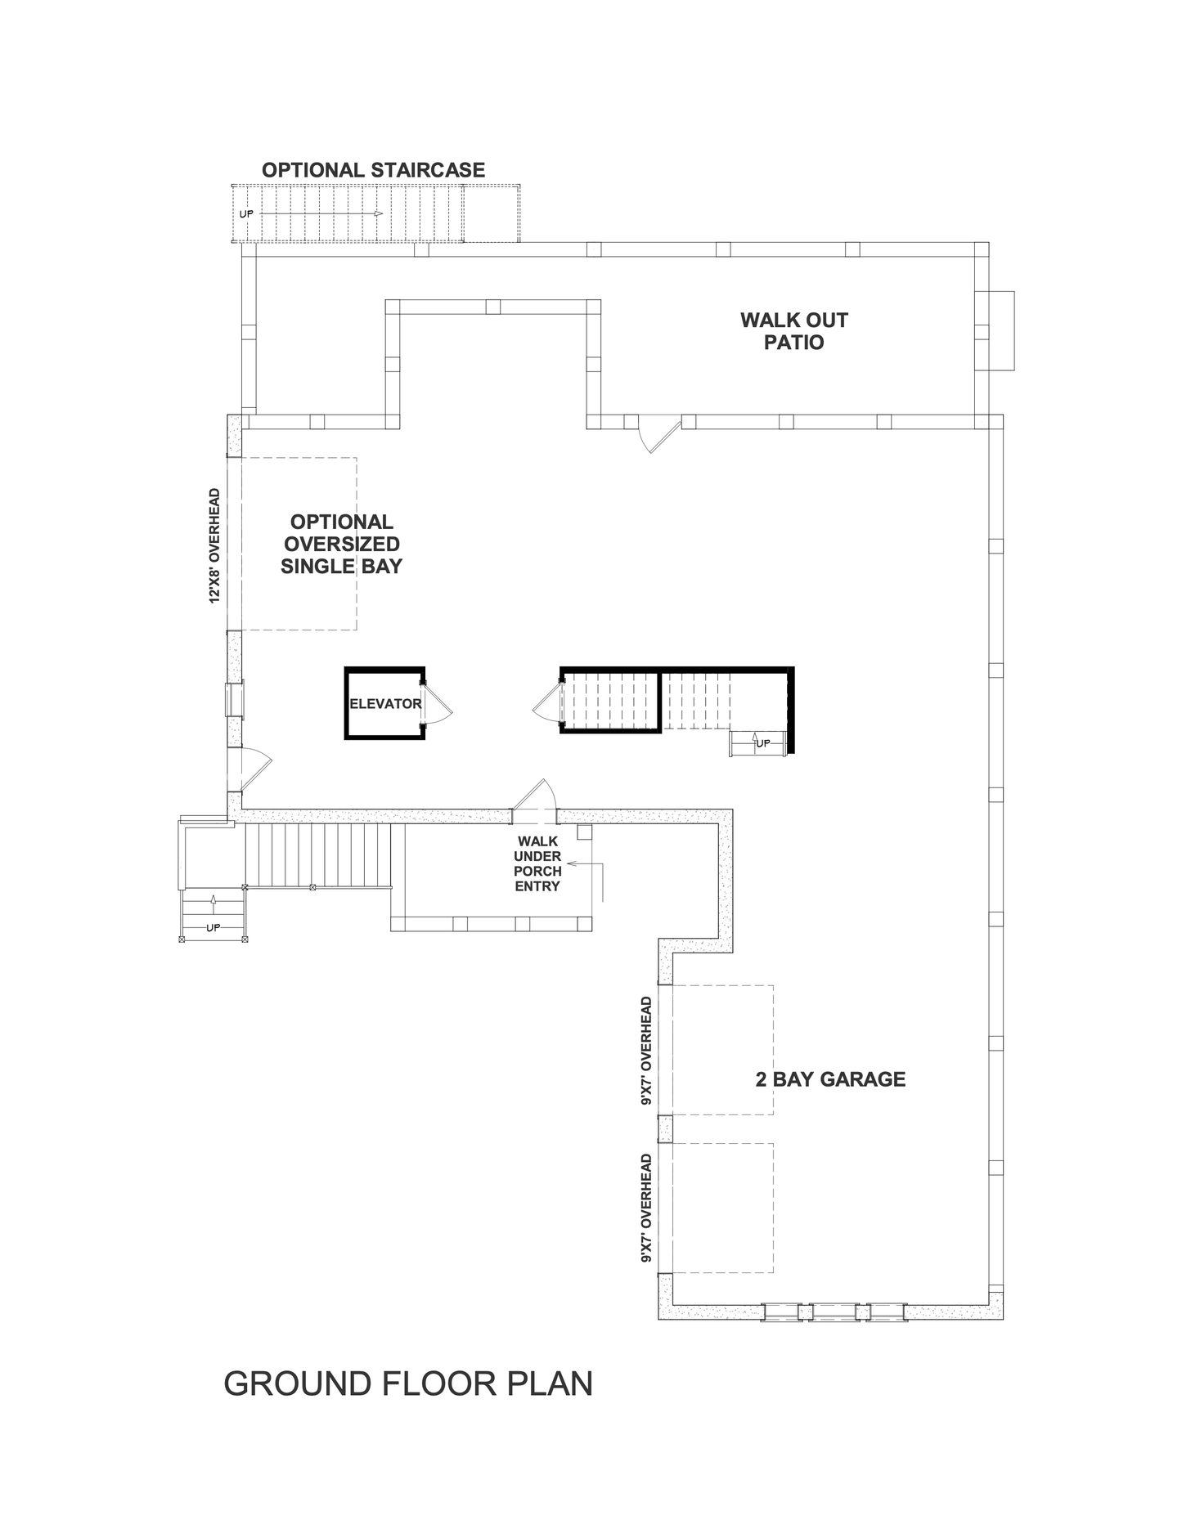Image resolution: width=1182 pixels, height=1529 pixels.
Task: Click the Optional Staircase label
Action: point(373,170)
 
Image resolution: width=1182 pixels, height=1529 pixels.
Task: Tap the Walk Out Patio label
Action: point(794,331)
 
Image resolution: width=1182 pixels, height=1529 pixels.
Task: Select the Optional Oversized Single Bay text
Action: point(341,544)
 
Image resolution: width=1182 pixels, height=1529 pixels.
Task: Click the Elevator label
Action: point(385,703)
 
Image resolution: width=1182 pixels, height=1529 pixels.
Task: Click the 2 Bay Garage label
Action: point(830,1079)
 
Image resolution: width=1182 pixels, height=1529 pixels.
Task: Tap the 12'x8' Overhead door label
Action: point(215,546)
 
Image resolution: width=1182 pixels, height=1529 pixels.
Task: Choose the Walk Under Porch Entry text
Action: point(537,863)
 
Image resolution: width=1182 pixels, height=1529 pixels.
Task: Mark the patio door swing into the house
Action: point(659,437)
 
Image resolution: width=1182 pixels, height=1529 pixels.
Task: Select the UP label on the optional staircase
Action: point(246,214)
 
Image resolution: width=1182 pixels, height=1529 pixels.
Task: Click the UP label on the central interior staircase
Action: point(763,743)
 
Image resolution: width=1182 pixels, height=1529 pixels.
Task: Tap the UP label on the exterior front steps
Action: point(213,927)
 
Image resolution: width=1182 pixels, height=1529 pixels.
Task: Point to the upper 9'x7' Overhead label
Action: point(646,1051)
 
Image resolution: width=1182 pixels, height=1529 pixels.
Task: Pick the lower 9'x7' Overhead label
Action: point(646,1209)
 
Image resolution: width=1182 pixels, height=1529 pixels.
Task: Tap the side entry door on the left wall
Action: point(249,769)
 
